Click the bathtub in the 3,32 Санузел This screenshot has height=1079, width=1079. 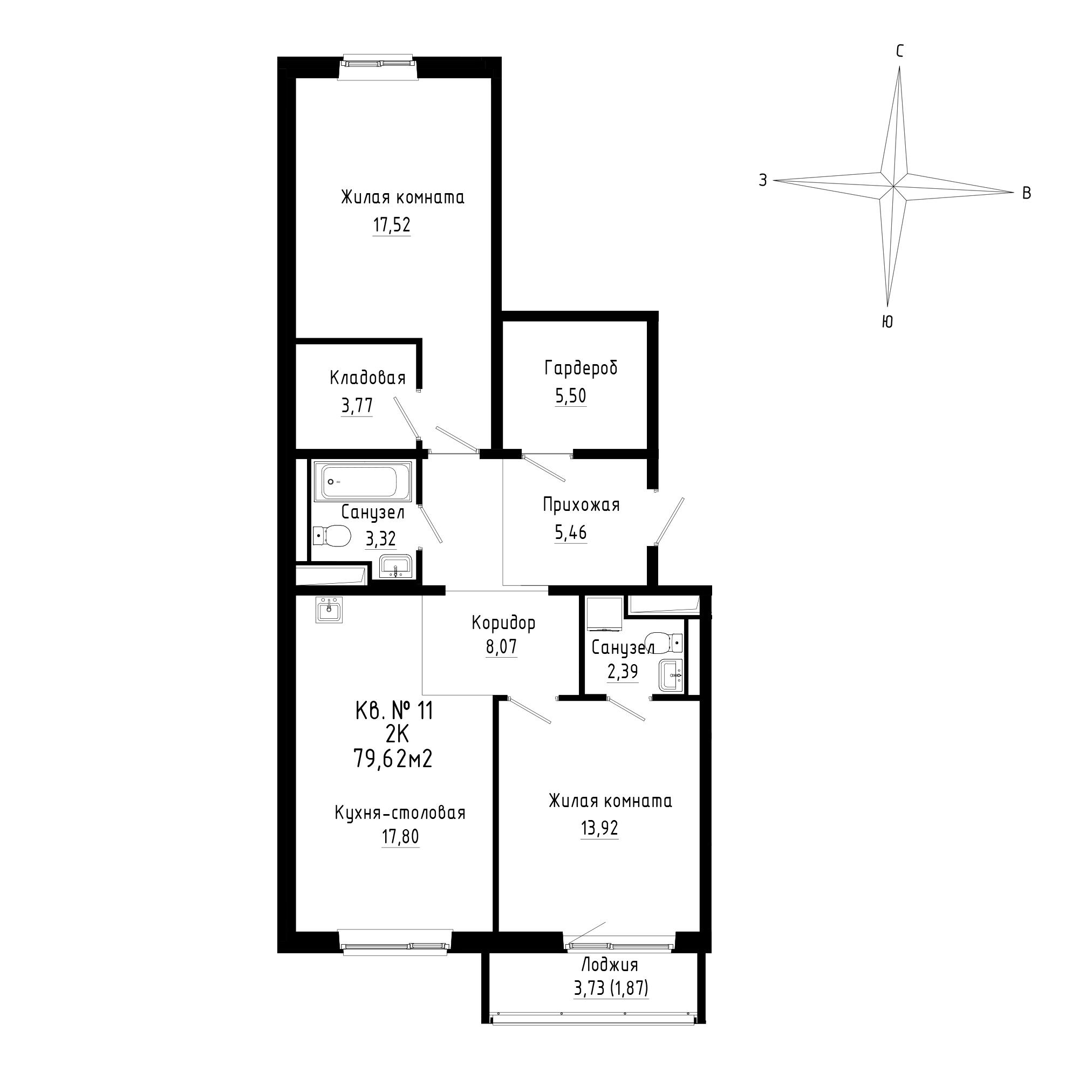pyautogui.click(x=362, y=481)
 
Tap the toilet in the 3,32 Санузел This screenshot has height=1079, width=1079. pyautogui.click(x=331, y=536)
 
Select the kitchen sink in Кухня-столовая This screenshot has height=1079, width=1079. pyautogui.click(x=329, y=609)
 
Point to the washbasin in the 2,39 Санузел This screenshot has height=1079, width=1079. pyautogui.click(x=671, y=675)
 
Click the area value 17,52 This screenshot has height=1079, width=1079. pyautogui.click(x=392, y=225)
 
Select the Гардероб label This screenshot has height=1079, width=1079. pyautogui.click(x=581, y=368)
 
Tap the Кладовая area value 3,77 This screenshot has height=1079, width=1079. pyautogui.click(x=357, y=406)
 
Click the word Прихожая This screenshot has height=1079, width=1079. pyautogui.click(x=582, y=505)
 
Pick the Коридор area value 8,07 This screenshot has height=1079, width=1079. pyautogui.click(x=501, y=647)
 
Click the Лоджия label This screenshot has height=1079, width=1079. pyautogui.click(x=610, y=980)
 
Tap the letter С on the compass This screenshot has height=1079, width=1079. pyautogui.click(x=900, y=51)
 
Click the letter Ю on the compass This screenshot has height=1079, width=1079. pyautogui.click(x=887, y=322)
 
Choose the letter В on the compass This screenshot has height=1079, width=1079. pyautogui.click(x=1027, y=193)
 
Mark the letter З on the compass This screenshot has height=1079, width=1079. pyautogui.click(x=762, y=180)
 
